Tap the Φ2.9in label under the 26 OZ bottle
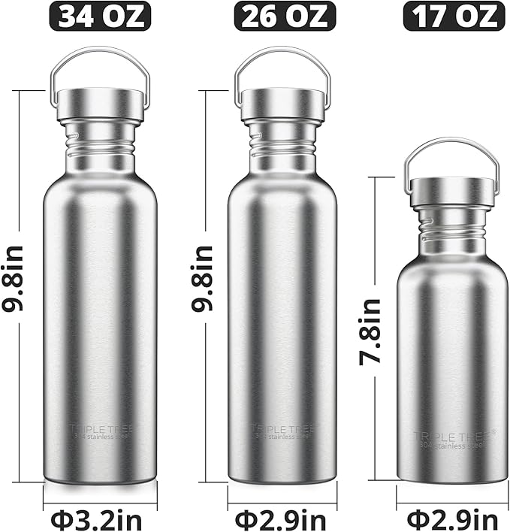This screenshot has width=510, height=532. (x=282, y=518)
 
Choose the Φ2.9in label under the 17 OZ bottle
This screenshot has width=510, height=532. (x=452, y=518)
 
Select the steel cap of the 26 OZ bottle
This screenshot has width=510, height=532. (x=282, y=105)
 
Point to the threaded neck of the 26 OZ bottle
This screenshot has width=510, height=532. (x=282, y=142)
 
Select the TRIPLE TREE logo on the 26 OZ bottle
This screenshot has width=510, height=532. (x=283, y=430)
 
